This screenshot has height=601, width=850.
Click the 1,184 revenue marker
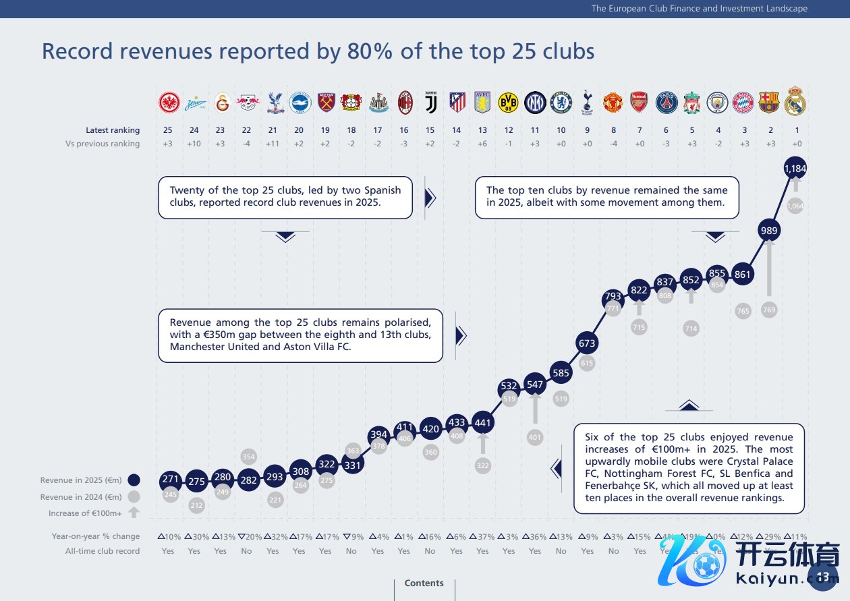coord(795,169)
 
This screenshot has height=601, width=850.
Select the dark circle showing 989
coord(769,231)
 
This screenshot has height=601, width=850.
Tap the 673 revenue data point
coord(587,343)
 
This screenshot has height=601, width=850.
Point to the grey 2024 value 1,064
coord(795,206)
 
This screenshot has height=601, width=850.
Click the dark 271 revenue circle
coord(170,480)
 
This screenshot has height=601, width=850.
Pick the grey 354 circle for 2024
coord(248,457)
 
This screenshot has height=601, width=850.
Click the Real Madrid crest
coord(795,101)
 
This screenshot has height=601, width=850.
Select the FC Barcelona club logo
coord(769,102)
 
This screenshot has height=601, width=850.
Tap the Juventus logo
coord(430,102)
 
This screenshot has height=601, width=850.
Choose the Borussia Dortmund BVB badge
coord(508,102)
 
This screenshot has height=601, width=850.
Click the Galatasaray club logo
coord(222,103)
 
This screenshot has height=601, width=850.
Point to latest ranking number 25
coord(168,130)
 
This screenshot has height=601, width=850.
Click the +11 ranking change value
coord(273,144)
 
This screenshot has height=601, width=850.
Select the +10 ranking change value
coord(194,144)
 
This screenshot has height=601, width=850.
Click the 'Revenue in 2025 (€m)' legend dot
coord(134,480)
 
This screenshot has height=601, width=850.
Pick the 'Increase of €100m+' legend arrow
coord(134,513)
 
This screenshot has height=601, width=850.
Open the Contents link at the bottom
coord(424,583)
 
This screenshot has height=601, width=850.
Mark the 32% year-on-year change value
coord(273,537)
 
